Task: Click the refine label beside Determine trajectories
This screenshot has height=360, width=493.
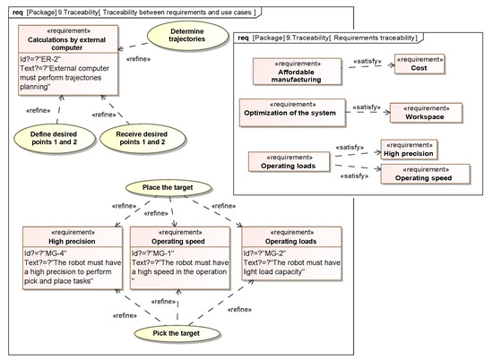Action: click(x=138, y=59)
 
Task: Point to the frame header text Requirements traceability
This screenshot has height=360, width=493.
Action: click(x=376, y=39)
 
